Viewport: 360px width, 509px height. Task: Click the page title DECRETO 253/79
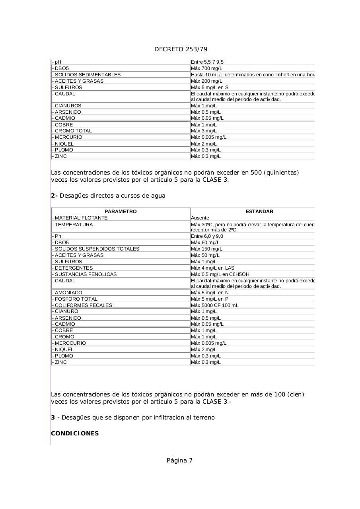[181, 49]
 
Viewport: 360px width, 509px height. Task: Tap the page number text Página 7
[179, 460]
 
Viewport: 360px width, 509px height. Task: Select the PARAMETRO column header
[121, 212]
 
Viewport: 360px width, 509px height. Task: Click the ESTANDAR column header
[259, 212]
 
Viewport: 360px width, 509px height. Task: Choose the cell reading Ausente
[200, 218]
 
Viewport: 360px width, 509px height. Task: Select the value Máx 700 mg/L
[206, 68]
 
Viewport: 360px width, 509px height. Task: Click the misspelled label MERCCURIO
[70, 343]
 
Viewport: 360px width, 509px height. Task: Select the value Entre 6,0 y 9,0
[207, 236]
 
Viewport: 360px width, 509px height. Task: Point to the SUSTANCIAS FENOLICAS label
[85, 274]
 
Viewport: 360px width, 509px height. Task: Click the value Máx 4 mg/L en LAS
[212, 268]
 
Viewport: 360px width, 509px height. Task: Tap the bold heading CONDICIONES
[75, 433]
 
